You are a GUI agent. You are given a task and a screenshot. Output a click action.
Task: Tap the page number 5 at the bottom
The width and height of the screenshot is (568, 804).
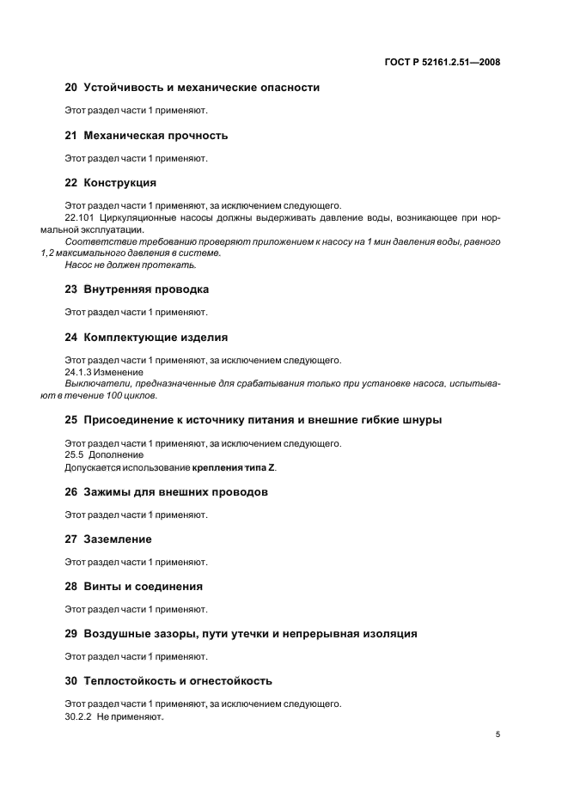pos(498,734)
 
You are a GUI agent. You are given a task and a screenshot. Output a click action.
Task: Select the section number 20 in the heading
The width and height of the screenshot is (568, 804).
pos(71,88)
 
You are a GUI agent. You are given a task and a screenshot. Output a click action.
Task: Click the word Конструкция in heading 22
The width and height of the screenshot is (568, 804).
pos(119,183)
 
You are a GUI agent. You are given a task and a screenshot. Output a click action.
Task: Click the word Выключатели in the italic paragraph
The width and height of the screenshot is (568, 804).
pos(95,383)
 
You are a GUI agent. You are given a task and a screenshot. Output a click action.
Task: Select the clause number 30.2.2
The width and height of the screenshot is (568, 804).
pos(78,716)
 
